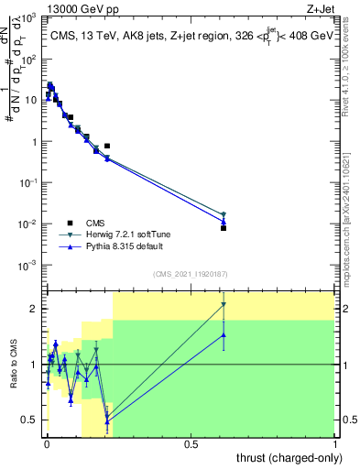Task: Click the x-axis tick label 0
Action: (47, 444)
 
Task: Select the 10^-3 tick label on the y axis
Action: (29, 266)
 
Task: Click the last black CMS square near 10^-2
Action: (224, 228)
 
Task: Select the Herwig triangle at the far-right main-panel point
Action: (224, 214)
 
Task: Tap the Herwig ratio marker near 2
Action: (224, 305)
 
